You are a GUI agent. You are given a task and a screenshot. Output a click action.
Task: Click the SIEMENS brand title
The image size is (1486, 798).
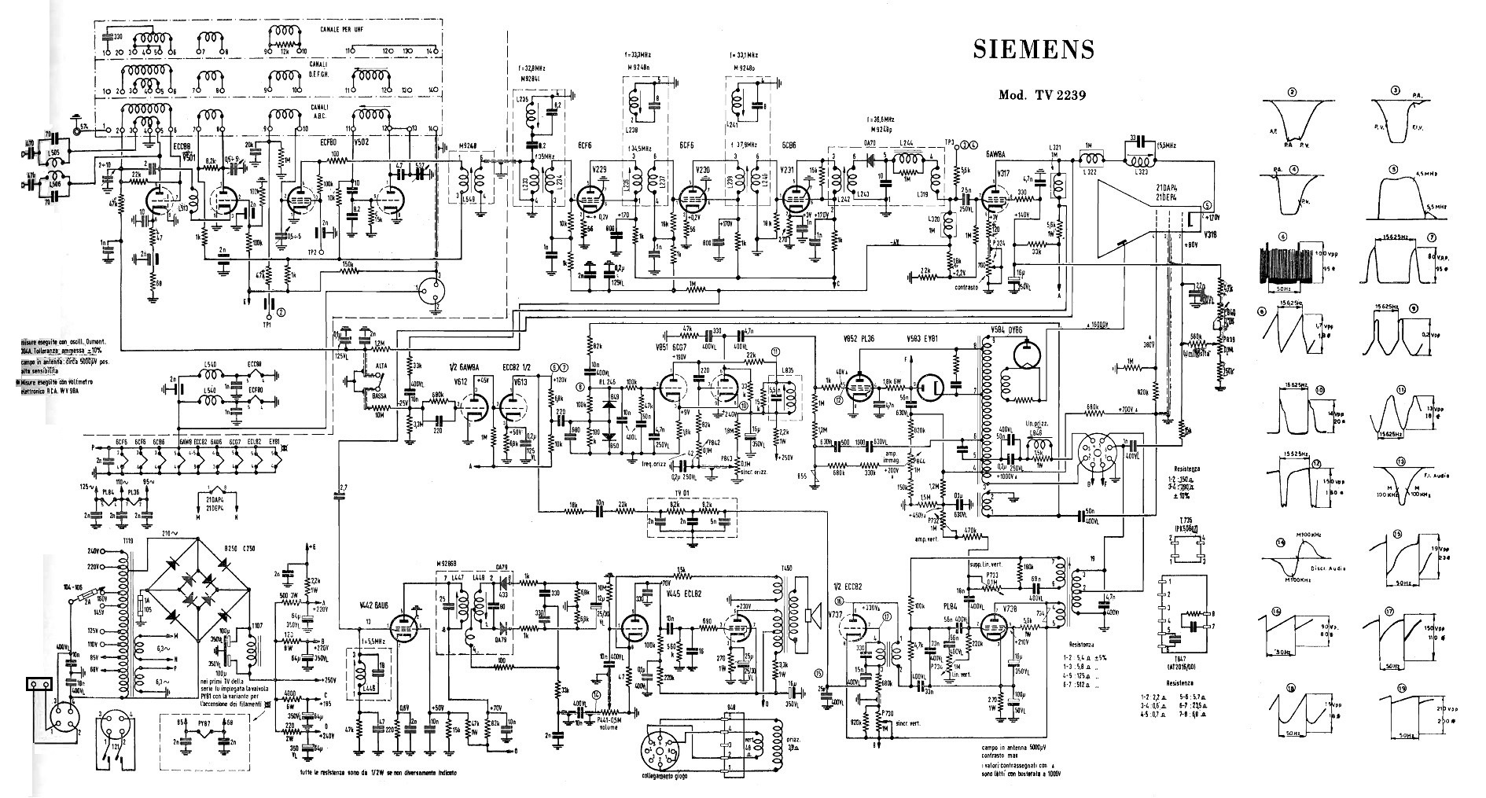pyautogui.click(x=1033, y=50)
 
